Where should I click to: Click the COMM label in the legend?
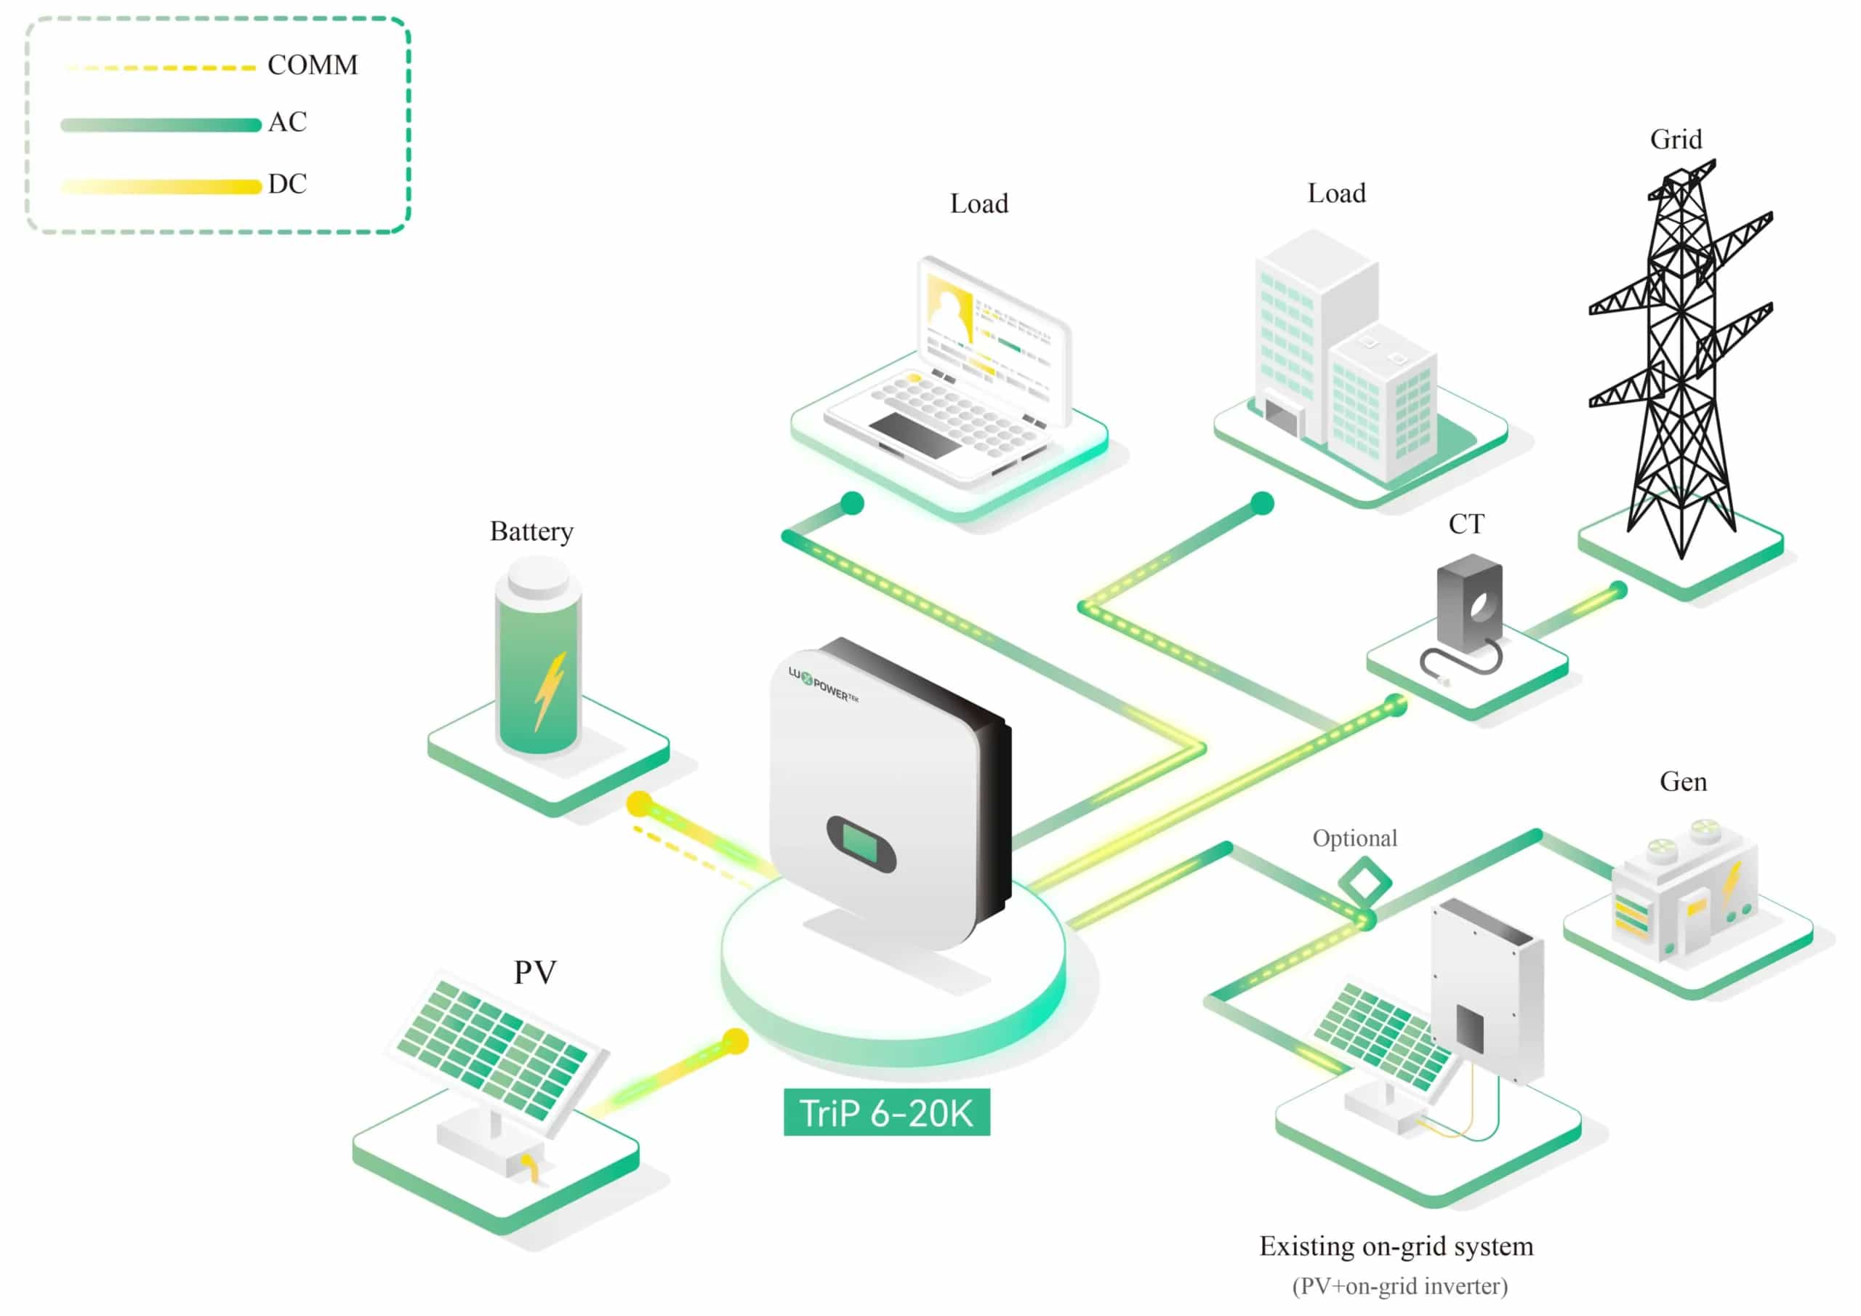click(x=312, y=65)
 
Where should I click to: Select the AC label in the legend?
click(x=288, y=122)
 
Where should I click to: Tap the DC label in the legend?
click(x=288, y=184)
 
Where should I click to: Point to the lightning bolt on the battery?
click(x=550, y=691)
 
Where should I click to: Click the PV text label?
click(x=535, y=972)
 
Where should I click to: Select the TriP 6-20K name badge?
click(x=887, y=1112)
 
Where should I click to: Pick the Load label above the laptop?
click(x=979, y=204)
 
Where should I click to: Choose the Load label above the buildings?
click(x=1337, y=193)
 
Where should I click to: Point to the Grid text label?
click(x=1676, y=140)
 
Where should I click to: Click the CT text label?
click(x=1466, y=523)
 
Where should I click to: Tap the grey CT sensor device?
click(x=1468, y=604)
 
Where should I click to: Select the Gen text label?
click(x=1684, y=782)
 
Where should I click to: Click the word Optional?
click(x=1355, y=838)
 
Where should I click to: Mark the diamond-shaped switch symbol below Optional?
click(x=1365, y=883)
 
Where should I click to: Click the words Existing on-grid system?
click(x=1396, y=1246)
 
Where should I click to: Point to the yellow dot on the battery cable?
click(x=640, y=803)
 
